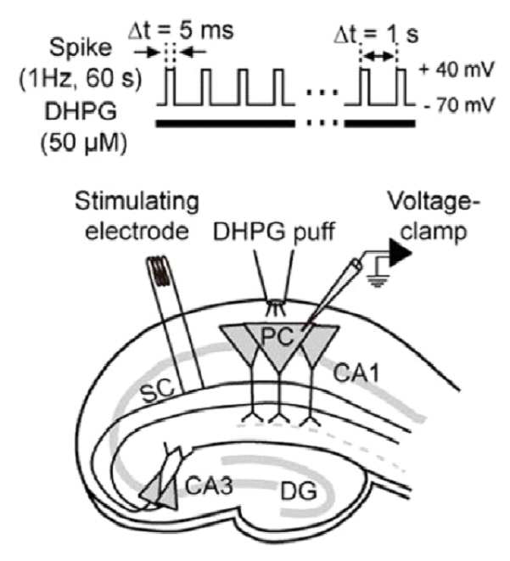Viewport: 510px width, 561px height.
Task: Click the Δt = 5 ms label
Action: [x=181, y=31]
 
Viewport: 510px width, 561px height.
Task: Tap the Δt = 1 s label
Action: [x=376, y=36]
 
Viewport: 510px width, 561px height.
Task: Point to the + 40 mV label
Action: [x=457, y=70]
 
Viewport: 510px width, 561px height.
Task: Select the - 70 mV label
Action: [x=459, y=105]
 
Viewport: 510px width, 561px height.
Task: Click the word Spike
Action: [x=81, y=48]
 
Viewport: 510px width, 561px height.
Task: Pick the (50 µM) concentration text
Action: [x=84, y=143]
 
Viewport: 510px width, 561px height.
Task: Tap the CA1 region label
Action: [x=356, y=373]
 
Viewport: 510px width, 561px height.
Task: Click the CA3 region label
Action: [x=209, y=485]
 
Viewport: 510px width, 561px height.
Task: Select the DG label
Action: [x=299, y=491]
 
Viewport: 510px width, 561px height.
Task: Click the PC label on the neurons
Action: [x=277, y=337]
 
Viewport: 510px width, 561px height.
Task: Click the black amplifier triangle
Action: [x=401, y=253]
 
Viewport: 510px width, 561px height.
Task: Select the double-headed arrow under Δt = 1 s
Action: [x=378, y=56]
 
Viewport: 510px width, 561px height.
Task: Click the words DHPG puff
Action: [x=274, y=232]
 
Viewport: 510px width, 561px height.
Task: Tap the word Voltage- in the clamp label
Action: [x=434, y=202]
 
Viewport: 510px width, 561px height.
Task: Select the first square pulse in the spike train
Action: [x=171, y=87]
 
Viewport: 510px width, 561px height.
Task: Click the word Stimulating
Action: [x=137, y=202]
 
